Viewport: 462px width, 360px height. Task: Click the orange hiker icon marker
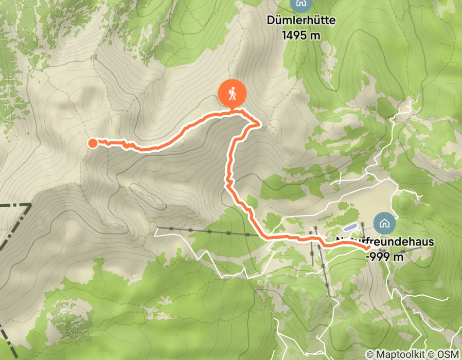[233, 95]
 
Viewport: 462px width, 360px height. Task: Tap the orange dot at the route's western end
[93, 143]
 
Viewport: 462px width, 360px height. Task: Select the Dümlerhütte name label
[301, 21]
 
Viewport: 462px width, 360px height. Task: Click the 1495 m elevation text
[301, 34]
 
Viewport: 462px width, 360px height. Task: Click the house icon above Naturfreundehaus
[383, 223]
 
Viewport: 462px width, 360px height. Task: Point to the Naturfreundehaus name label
[385, 241]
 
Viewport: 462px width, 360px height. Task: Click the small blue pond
[350, 227]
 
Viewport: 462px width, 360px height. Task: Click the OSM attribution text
[448, 354]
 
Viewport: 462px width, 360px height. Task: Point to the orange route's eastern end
[369, 249]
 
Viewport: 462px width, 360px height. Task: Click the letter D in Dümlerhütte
[271, 21]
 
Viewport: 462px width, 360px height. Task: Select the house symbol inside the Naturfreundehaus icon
[383, 223]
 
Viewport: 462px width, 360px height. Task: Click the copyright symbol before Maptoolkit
[369, 354]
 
